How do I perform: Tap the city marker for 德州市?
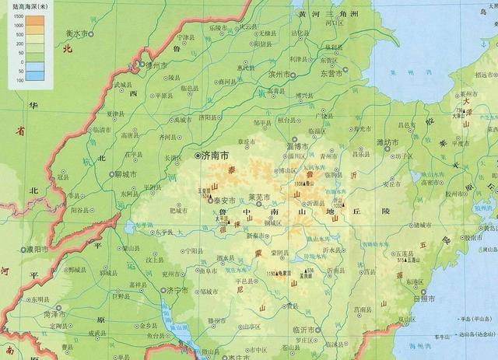tap(142, 65)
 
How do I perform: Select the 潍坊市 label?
tap(387, 142)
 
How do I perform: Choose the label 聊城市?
tap(124, 174)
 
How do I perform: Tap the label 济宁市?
tap(177, 290)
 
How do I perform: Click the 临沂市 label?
tap(304, 331)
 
